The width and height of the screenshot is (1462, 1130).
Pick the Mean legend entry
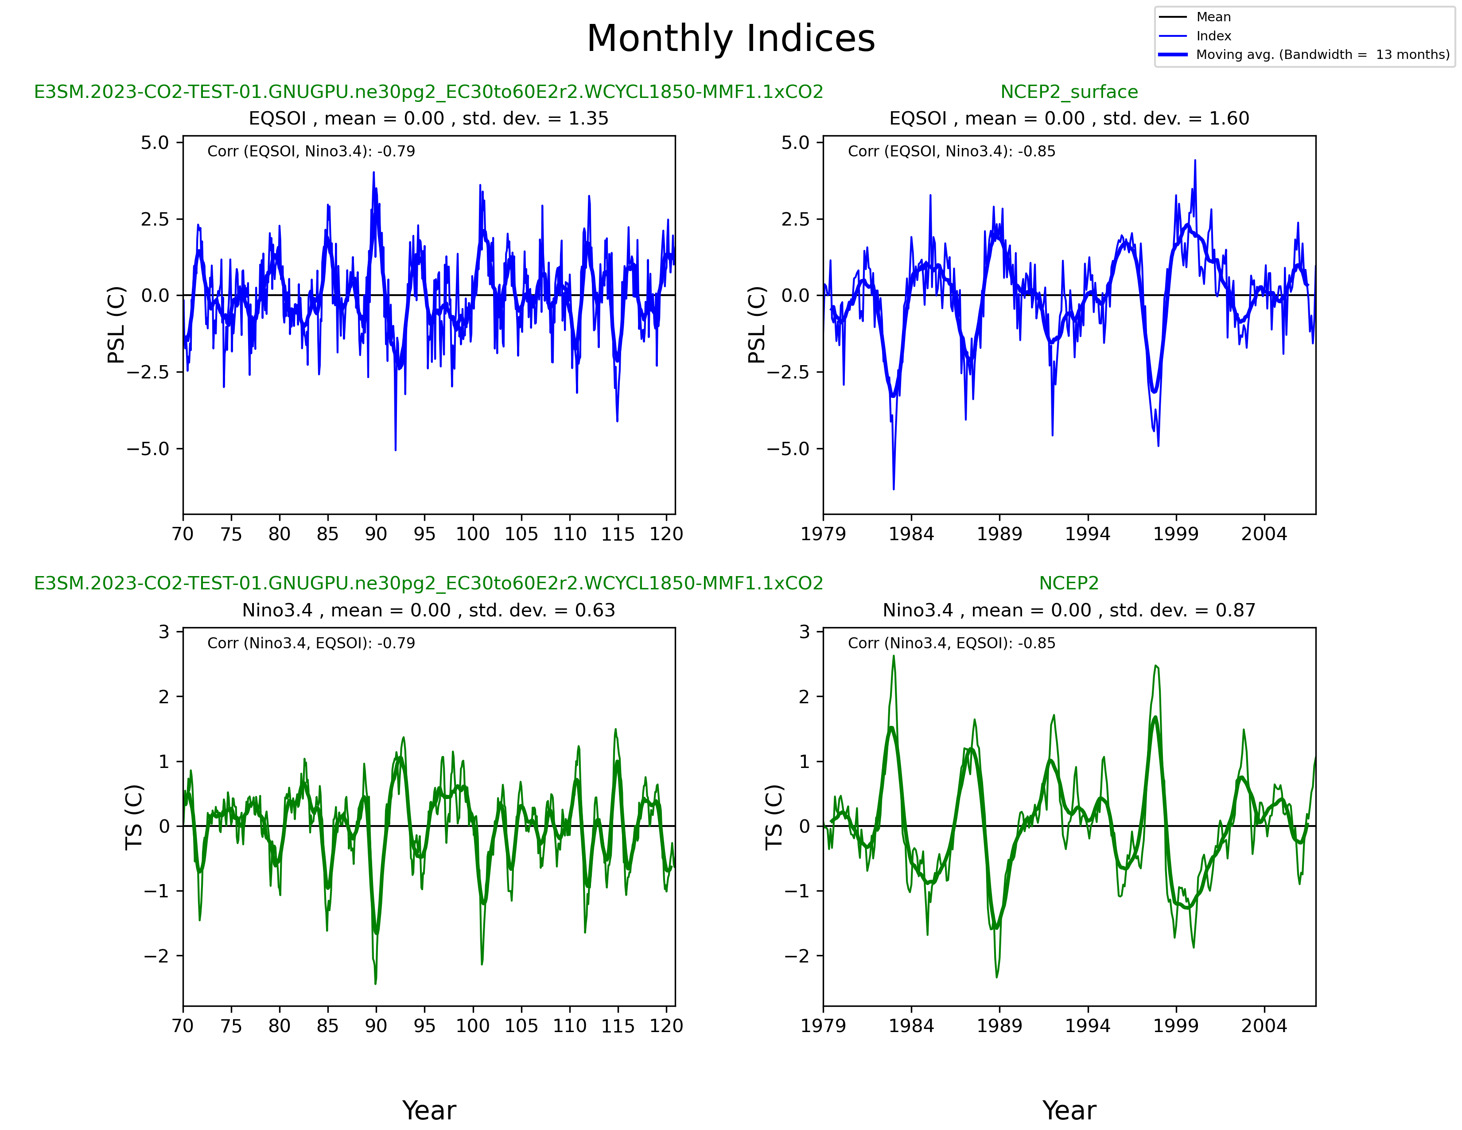point(1213,17)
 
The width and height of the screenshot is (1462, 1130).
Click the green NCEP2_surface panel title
point(1069,92)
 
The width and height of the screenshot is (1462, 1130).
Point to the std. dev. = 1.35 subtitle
point(428,118)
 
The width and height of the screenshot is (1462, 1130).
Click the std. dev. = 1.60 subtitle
point(1069,118)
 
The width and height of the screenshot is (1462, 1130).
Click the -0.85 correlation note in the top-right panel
point(951,151)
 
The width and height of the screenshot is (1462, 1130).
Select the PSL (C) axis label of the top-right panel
point(756,325)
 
